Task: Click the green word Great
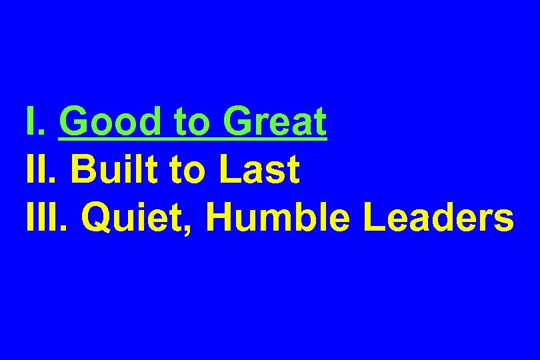tap(275, 121)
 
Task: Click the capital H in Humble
tap(219, 217)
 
